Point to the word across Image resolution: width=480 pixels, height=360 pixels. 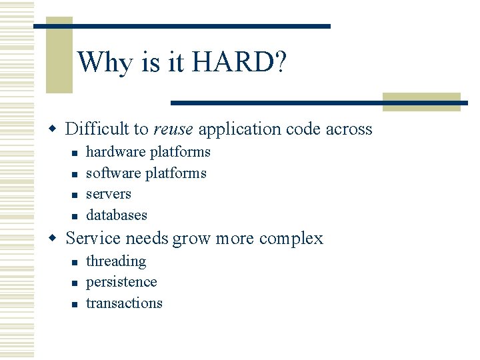349,129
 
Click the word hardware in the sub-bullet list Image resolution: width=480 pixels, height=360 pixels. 115,152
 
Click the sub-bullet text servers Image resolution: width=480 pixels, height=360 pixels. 109,194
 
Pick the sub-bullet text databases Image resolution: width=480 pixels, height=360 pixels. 117,215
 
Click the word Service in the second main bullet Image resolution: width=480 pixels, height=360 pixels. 93,238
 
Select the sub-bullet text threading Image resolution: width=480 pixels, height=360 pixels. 116,261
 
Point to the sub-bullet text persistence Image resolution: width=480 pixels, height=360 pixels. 121,282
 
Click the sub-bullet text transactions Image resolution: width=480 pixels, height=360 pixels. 124,303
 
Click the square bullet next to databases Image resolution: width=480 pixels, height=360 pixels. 76,216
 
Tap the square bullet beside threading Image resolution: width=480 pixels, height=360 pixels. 76,262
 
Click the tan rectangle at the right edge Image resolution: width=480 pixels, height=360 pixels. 421,101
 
